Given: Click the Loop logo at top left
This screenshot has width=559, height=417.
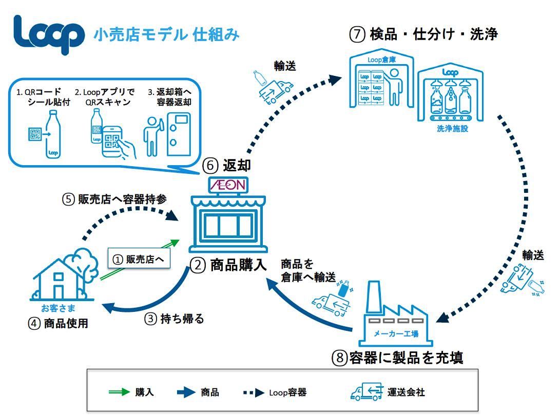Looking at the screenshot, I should [x=49, y=34].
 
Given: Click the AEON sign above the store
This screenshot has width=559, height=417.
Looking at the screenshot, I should [x=227, y=185].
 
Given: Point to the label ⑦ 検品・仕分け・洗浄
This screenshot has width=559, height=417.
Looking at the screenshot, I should [x=423, y=34].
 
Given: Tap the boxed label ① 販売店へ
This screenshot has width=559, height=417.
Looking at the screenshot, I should [x=139, y=260].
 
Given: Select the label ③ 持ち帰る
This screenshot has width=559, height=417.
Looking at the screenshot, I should [x=174, y=319].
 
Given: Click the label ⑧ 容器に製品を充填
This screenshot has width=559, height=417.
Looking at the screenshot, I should [x=398, y=358].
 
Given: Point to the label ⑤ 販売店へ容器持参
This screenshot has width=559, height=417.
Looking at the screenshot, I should [x=114, y=200].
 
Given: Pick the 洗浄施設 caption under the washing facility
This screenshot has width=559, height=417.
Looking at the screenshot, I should [x=452, y=128].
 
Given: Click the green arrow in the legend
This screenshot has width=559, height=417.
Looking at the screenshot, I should [x=119, y=392].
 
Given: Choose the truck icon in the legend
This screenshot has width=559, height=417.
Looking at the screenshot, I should [x=367, y=392].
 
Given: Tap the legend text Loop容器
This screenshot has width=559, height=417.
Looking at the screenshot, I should [x=287, y=392].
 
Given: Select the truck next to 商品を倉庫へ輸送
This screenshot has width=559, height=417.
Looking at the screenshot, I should [x=328, y=303].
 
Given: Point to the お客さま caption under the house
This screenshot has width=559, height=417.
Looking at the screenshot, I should [x=58, y=308].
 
